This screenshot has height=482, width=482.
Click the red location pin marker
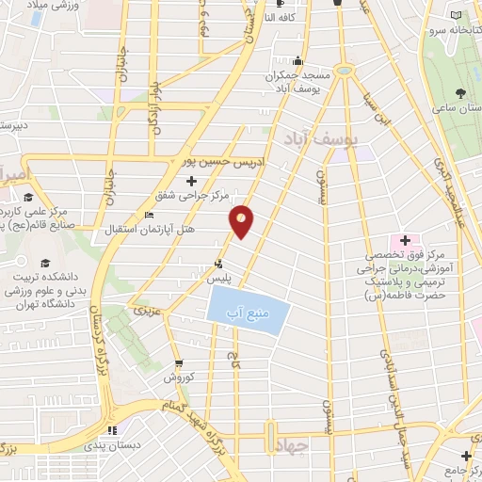point(242,220)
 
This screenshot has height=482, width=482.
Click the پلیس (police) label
point(219,280)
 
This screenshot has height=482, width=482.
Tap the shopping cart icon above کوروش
point(179,363)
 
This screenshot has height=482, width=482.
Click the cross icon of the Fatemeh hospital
point(405,241)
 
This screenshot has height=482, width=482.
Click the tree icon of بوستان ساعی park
point(459,93)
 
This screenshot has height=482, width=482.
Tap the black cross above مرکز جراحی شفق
point(192,180)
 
